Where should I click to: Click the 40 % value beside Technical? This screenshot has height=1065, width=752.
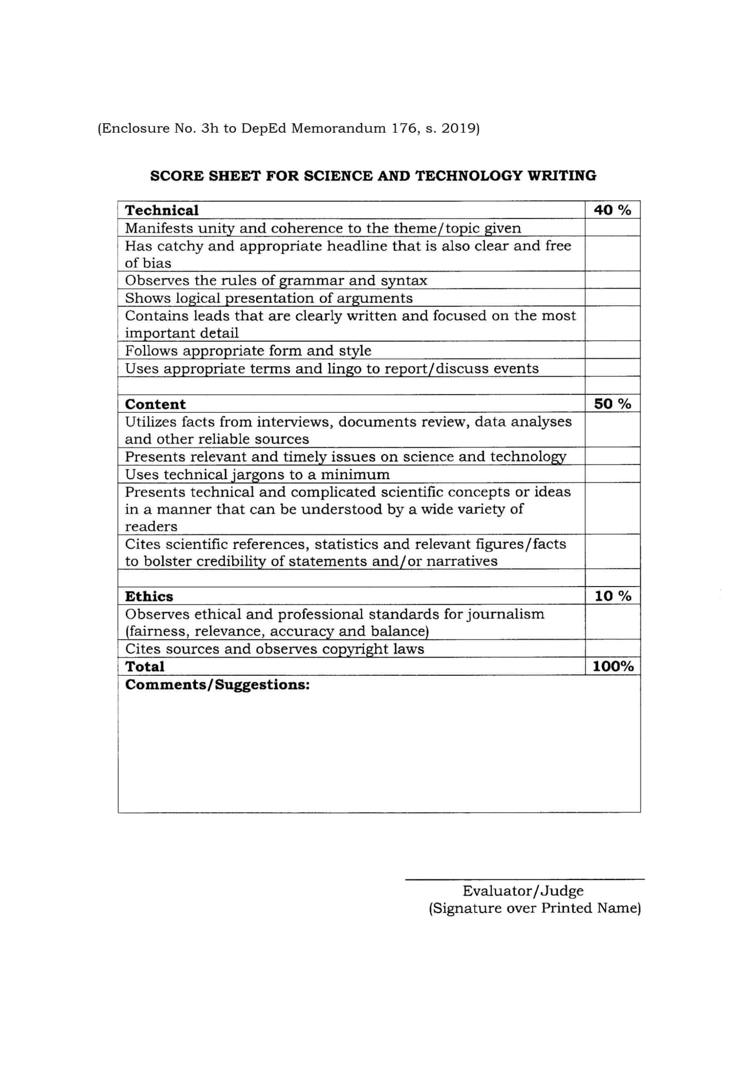(x=612, y=210)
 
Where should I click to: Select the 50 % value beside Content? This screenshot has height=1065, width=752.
(x=612, y=404)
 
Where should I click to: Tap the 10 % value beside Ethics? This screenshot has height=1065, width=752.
(x=612, y=596)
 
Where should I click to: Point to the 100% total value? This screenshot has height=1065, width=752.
(x=612, y=666)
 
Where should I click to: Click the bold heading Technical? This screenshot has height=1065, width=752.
(x=161, y=210)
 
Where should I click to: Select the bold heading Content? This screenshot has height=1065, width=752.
(x=155, y=404)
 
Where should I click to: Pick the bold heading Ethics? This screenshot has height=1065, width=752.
(x=149, y=597)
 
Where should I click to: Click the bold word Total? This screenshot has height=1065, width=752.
(x=145, y=666)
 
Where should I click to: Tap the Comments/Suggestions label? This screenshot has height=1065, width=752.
(x=217, y=685)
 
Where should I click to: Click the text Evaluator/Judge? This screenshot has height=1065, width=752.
(x=523, y=891)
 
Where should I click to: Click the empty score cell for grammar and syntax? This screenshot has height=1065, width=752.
(x=612, y=280)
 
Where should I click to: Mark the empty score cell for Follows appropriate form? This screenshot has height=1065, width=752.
(x=612, y=350)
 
